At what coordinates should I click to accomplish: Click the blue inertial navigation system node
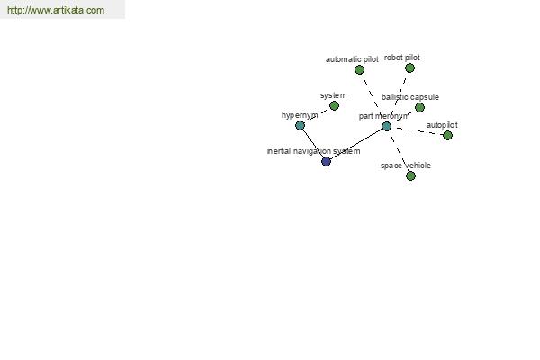click(326, 161)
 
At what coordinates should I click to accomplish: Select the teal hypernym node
click(300, 125)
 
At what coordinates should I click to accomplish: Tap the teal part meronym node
click(386, 126)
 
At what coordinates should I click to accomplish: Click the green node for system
click(334, 106)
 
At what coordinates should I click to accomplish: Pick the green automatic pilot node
click(359, 70)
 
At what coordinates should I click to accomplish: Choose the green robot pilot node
click(409, 67)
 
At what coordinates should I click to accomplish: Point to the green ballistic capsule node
click(419, 107)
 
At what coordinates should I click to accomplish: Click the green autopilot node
click(447, 135)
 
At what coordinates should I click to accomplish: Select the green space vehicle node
click(410, 176)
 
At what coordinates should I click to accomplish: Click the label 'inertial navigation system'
click(314, 151)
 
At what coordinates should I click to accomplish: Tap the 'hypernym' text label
click(300, 115)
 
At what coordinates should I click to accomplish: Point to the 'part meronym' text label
click(384, 116)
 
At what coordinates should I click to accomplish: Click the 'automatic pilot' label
click(352, 59)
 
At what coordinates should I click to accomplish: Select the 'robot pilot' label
click(402, 58)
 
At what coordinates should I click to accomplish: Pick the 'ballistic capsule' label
click(410, 97)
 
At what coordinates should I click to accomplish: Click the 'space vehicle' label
click(406, 166)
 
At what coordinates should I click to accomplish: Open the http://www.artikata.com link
click(56, 10)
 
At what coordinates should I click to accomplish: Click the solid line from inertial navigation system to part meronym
click(356, 144)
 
